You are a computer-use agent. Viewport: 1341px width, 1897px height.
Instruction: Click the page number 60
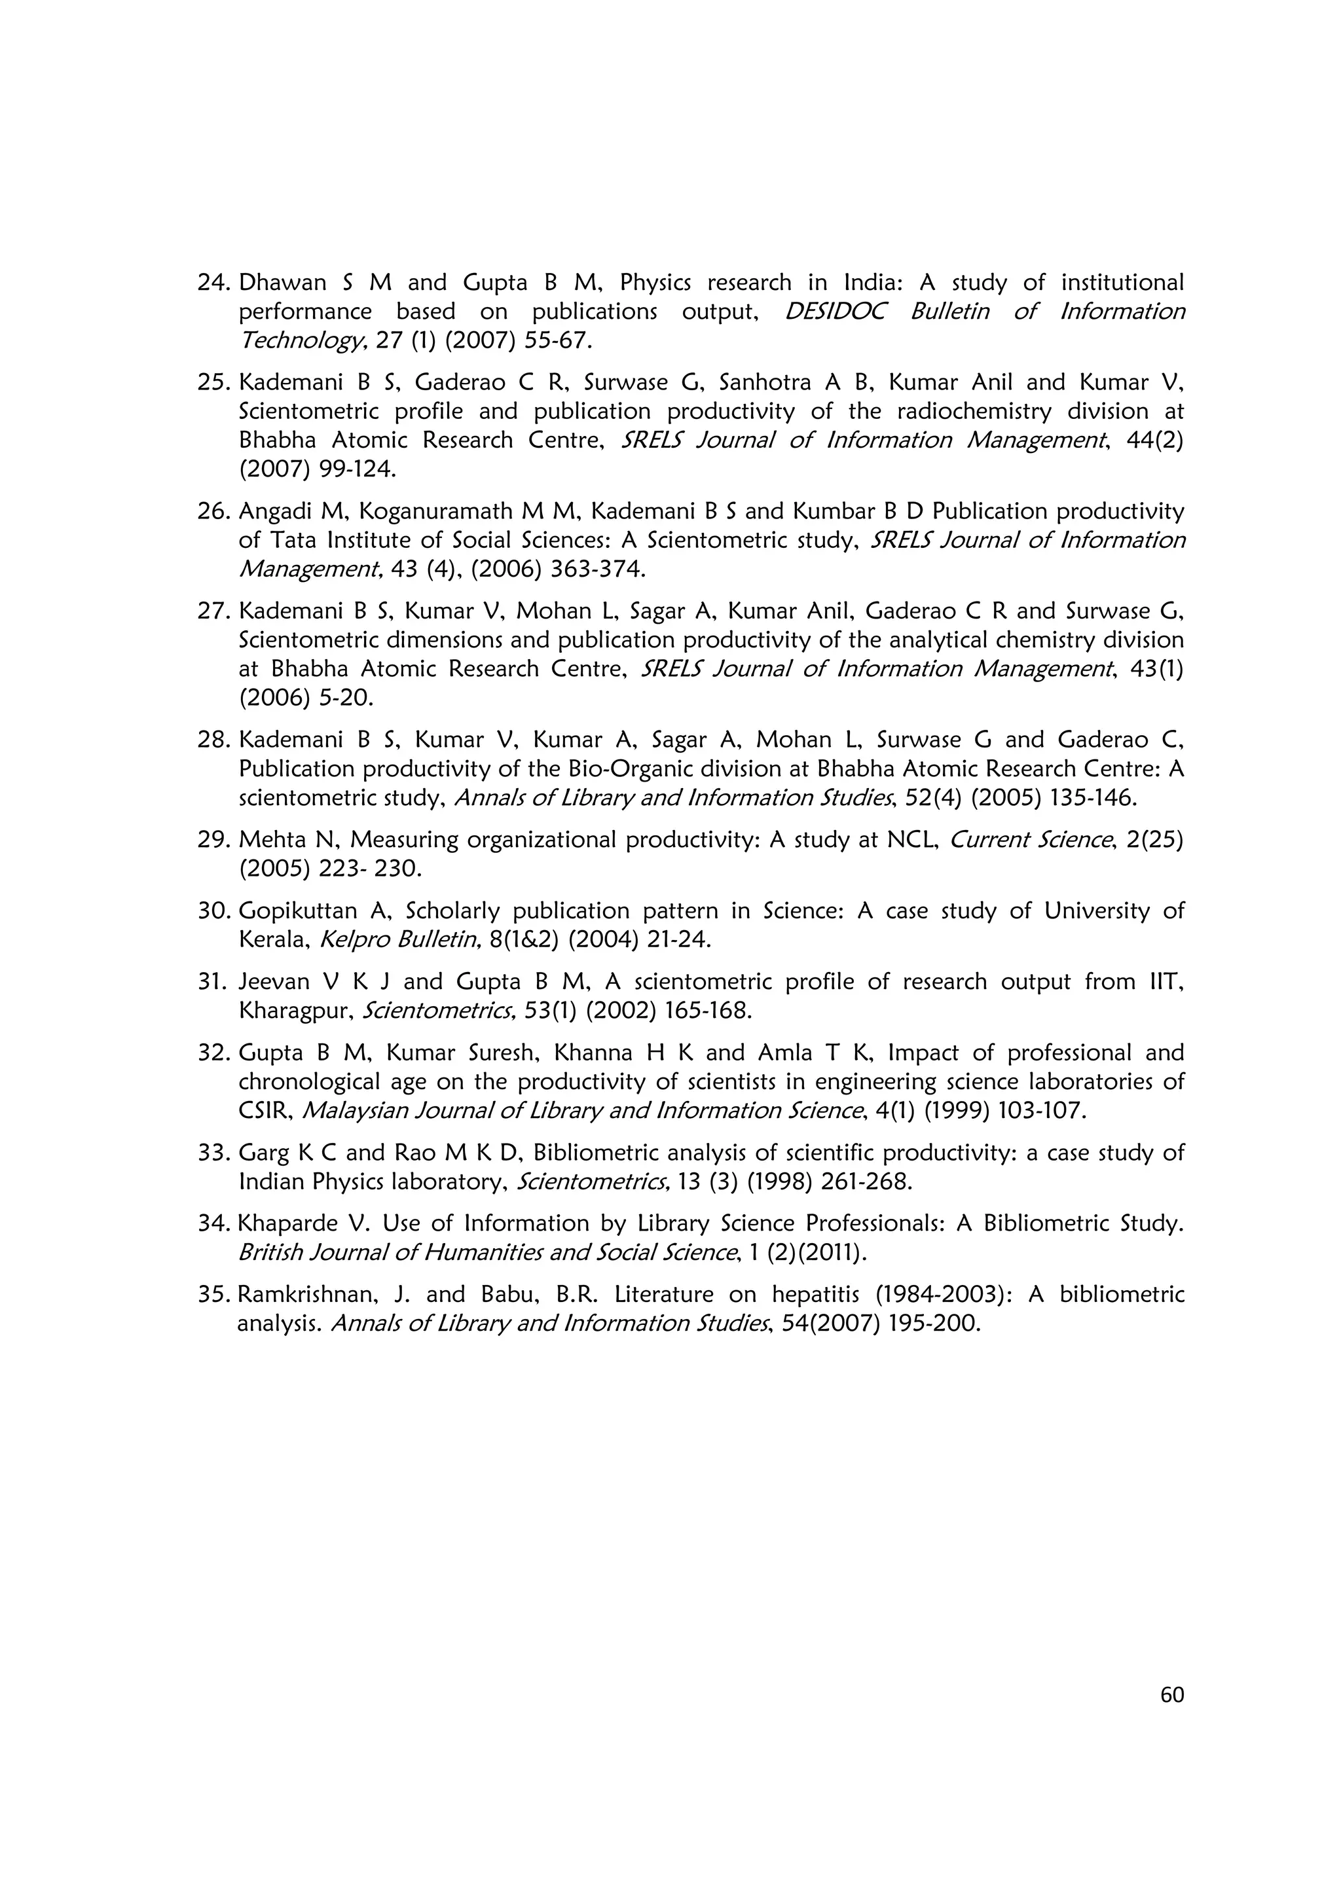pyautogui.click(x=1171, y=1695)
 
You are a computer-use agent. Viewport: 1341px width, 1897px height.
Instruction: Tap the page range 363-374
pyautogui.click(x=593, y=569)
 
